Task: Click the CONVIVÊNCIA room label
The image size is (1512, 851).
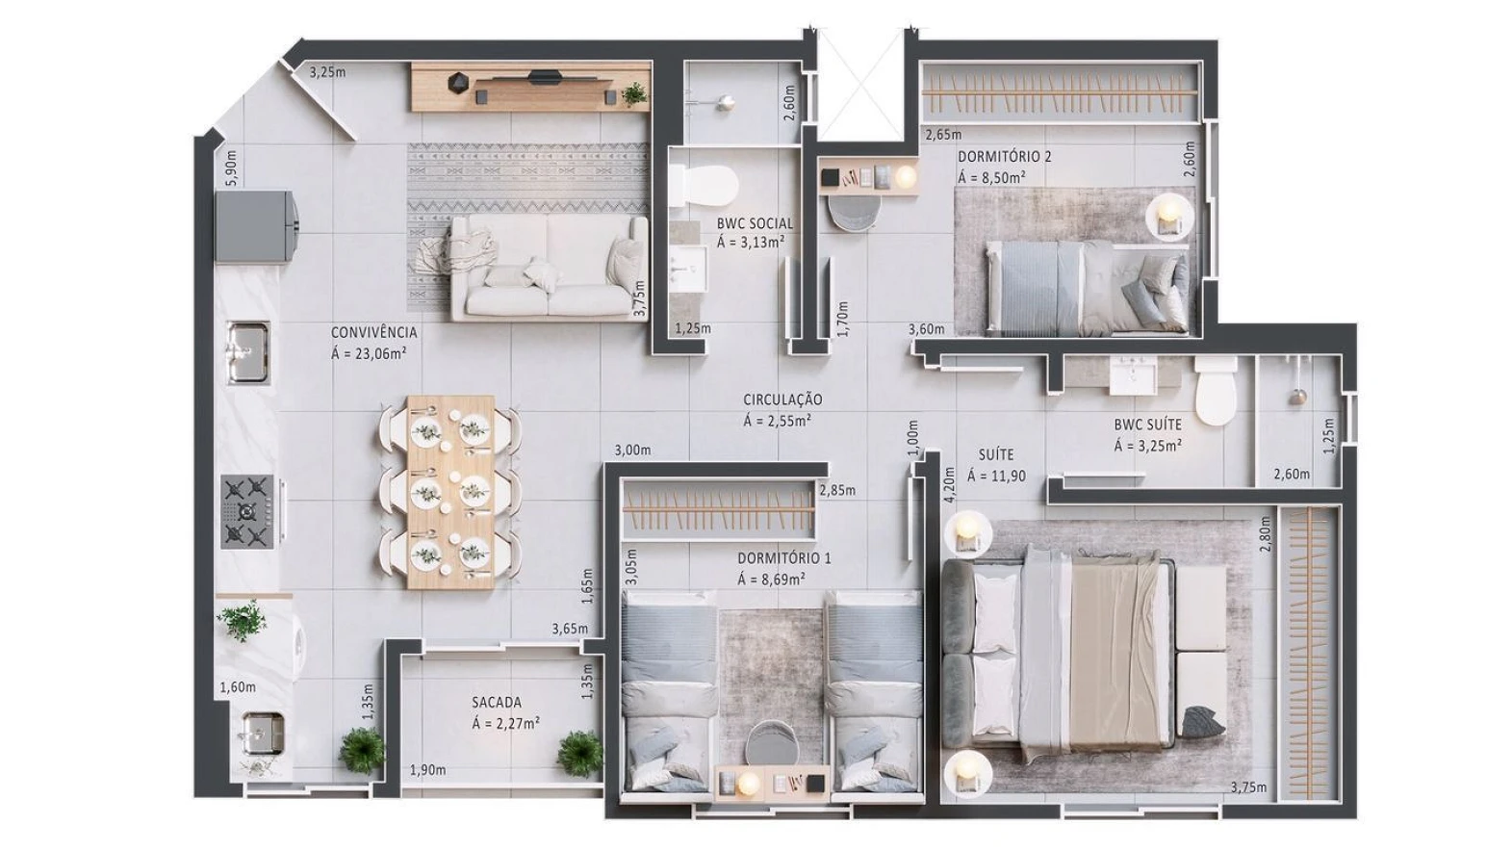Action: tap(373, 332)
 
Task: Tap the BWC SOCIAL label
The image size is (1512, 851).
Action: tap(755, 223)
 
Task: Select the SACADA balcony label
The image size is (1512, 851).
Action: tap(497, 702)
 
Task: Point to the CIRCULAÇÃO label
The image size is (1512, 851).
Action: tap(782, 400)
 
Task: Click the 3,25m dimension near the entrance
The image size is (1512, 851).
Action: tap(327, 71)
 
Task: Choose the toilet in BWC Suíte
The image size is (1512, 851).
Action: tap(1216, 391)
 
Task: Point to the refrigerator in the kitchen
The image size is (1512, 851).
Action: tap(255, 226)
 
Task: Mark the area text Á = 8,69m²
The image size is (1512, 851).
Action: tap(771, 580)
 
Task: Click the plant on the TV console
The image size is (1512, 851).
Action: tap(634, 93)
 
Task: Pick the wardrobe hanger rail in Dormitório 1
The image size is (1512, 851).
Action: tap(718, 503)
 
